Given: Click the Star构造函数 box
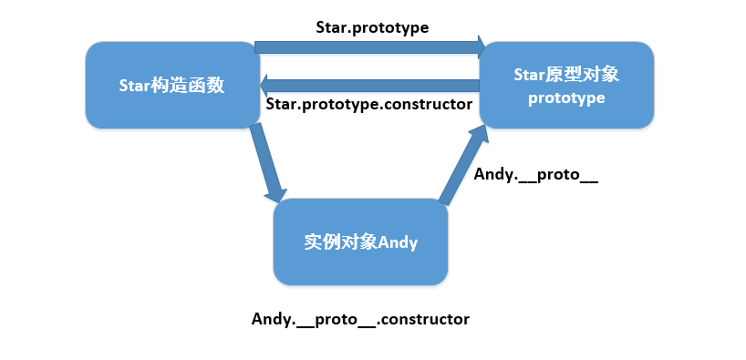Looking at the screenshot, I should (171, 85).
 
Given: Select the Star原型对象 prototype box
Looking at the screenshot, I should (566, 85).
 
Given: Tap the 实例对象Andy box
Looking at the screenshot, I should (360, 243).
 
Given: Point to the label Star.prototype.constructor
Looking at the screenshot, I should (368, 104).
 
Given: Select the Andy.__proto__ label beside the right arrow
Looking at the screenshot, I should (535, 174).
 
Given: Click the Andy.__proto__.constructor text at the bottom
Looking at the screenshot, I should (360, 319).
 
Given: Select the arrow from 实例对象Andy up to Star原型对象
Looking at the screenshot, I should (461, 166).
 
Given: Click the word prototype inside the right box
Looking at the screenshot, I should (566, 98).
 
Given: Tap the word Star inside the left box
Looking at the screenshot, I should (136, 86).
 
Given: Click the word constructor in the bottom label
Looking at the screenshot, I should (428, 319).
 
